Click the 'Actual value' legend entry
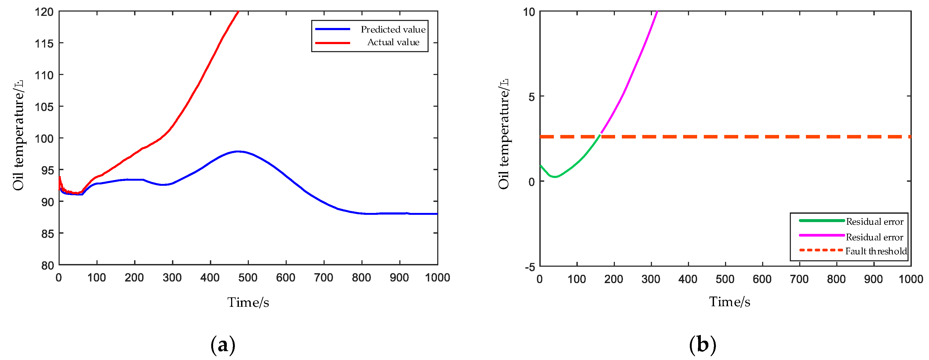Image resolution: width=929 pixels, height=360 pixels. [393, 42]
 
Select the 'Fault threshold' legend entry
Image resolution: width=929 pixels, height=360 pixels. [876, 251]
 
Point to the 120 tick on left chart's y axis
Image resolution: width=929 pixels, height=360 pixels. [44, 12]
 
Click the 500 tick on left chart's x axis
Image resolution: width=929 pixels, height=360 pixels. [248, 278]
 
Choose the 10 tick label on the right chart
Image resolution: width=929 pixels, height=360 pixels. [529, 12]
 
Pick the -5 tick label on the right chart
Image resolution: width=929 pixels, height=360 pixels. [530, 267]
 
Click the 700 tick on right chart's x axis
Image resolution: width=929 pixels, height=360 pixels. [799, 279]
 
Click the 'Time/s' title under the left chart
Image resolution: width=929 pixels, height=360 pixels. [248, 302]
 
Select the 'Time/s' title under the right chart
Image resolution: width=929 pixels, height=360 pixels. [730, 302]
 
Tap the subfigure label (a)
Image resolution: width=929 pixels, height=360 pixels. [223, 345]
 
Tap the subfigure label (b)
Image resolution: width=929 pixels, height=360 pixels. [702, 345]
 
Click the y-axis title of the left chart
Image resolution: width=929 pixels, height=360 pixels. [18, 135]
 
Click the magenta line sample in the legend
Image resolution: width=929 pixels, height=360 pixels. [822, 235]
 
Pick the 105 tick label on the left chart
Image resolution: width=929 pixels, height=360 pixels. [44, 107]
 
